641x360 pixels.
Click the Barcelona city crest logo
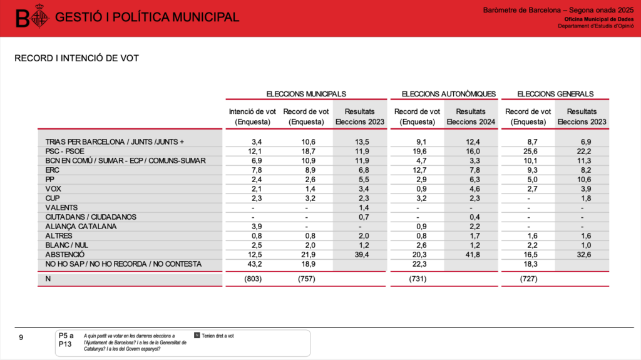[38, 18]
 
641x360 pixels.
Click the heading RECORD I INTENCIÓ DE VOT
[76, 58]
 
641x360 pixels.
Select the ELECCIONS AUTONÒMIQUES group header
[448, 94]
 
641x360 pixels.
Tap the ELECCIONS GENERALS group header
[555, 94]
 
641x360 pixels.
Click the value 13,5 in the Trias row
[359, 142]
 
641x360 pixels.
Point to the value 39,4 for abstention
[359, 254]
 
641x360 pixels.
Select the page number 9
[21, 338]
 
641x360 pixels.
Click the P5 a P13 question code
[66, 340]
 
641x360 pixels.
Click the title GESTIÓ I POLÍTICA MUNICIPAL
[147, 18]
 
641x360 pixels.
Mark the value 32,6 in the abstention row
[582, 254]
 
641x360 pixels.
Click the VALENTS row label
[61, 207]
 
